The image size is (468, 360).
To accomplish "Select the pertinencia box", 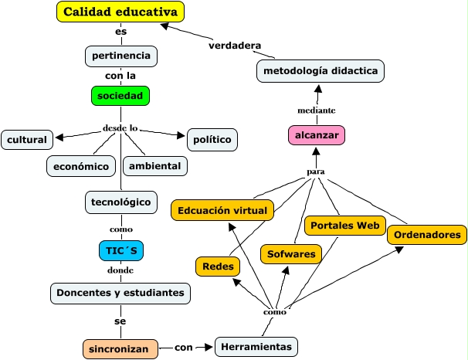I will tap(121, 56).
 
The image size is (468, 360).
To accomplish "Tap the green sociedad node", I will tap(120, 96).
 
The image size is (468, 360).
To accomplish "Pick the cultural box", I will tap(27, 140).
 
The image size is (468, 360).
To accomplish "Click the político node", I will tap(212, 140).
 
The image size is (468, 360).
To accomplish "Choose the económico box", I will tap(81, 165).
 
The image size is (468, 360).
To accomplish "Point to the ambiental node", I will tap(154, 165).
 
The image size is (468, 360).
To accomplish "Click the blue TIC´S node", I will tap(121, 250).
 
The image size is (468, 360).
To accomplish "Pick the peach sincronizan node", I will tap(120, 348).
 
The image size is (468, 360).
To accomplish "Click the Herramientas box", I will tap(256, 347).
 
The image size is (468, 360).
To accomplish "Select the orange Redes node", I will tap(217, 266).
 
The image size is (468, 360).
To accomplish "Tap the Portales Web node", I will tap(344, 226).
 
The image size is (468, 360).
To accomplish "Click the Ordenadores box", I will tap(427, 234).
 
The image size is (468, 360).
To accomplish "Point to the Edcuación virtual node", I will tap(222, 209).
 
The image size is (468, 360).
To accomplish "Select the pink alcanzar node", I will tap(314, 134).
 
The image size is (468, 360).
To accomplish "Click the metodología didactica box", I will tap(320, 71).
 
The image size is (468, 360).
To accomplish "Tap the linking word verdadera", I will tap(235, 45).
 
